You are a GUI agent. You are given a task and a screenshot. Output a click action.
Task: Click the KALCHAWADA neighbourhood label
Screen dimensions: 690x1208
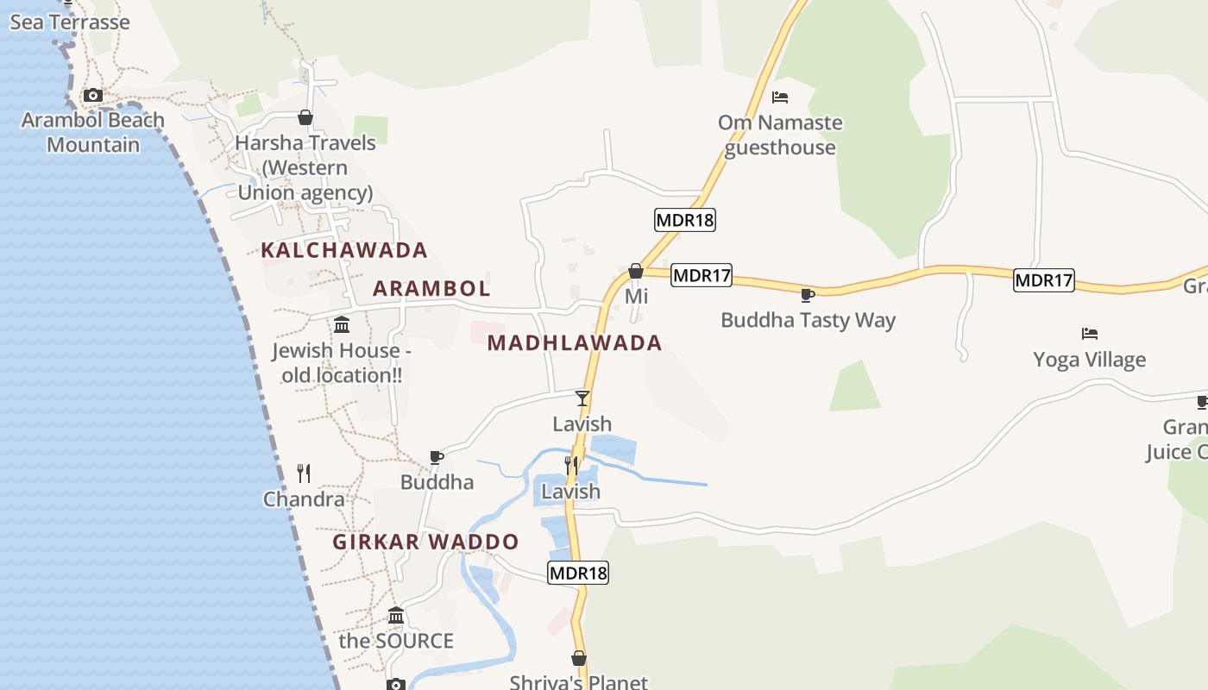tap(344, 250)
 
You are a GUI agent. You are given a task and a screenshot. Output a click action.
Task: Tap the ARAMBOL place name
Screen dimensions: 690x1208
tap(431, 288)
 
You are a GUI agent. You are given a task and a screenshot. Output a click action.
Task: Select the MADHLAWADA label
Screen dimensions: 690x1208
tap(575, 342)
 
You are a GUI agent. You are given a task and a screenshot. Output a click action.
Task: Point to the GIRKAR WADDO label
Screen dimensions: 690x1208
tap(426, 542)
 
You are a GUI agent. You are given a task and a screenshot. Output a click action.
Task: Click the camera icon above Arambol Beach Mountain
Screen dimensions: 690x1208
tap(92, 96)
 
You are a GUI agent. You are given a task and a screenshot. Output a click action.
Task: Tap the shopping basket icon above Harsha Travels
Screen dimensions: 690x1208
tap(305, 117)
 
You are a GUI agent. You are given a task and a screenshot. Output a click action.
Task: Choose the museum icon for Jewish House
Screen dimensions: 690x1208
tap(342, 325)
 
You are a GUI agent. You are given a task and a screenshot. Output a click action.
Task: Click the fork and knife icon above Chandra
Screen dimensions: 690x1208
tap(304, 473)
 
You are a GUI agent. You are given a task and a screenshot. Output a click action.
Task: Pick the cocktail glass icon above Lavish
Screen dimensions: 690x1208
tap(582, 398)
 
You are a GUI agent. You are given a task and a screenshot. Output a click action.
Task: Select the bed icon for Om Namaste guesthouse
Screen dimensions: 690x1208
tap(780, 97)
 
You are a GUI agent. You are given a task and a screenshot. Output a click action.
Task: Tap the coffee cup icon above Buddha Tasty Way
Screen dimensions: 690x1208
tap(808, 295)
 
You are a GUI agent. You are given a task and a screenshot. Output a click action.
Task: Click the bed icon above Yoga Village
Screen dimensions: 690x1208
tap(1090, 334)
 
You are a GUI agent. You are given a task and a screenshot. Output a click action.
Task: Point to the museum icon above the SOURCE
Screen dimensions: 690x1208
tap(396, 615)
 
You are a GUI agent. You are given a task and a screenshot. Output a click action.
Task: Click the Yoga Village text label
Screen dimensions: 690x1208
tap(1090, 359)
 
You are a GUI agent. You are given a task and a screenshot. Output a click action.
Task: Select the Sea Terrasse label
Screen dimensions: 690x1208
tap(70, 22)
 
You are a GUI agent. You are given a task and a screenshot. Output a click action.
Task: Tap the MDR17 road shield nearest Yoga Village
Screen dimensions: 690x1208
tap(1043, 279)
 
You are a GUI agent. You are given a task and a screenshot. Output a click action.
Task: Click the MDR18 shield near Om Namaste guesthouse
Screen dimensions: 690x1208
tap(685, 220)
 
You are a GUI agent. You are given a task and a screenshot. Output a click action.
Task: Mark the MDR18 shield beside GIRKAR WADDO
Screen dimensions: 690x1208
tap(578, 573)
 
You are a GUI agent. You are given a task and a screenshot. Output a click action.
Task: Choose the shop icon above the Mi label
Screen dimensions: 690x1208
tap(636, 271)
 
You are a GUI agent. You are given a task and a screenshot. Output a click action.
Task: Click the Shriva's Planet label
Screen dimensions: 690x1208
tap(578, 681)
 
